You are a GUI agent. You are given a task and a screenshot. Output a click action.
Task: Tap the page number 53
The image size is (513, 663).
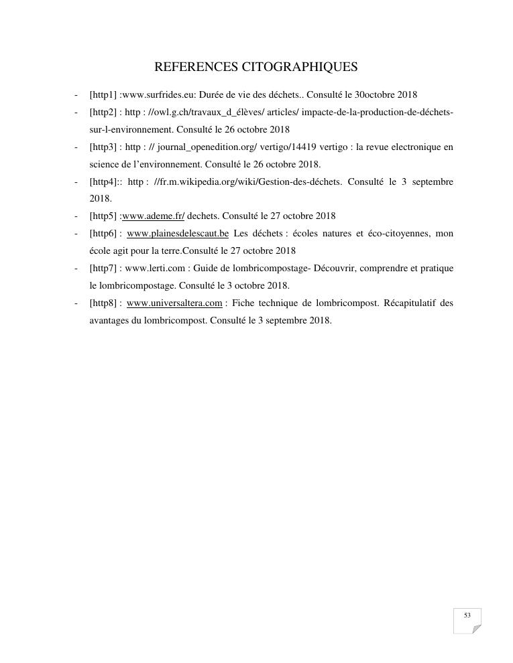click(x=467, y=615)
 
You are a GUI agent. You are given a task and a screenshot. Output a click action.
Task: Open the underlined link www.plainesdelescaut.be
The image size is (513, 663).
click(x=178, y=234)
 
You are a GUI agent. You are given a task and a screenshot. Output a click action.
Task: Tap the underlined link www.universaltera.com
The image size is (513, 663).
click(x=174, y=303)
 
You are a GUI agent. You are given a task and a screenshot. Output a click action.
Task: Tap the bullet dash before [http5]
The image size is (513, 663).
click(x=76, y=216)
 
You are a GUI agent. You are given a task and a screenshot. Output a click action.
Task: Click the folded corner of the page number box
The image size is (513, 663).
click(x=476, y=629)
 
